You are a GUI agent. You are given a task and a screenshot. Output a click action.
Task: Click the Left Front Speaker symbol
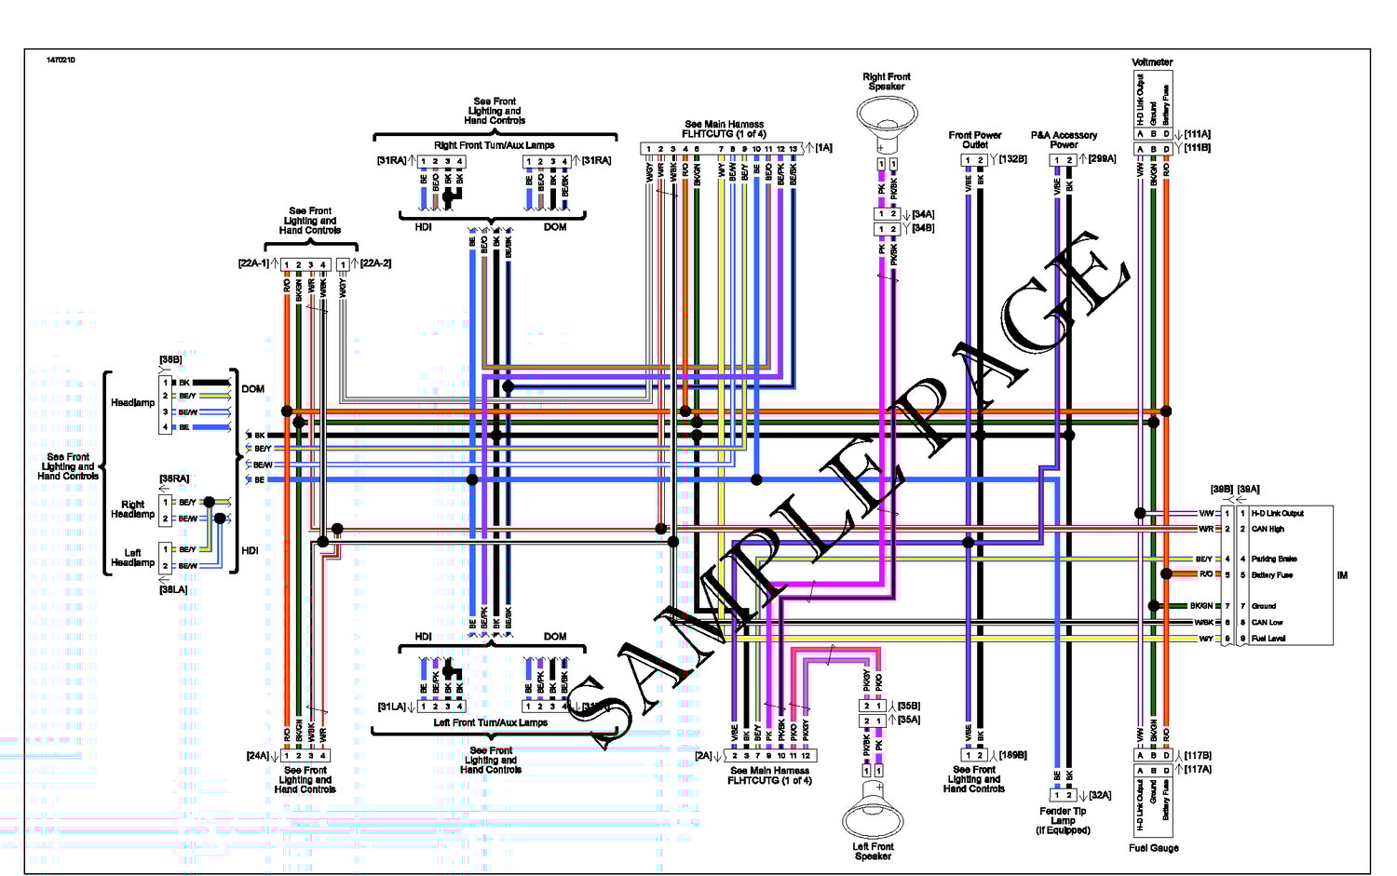tap(873, 813)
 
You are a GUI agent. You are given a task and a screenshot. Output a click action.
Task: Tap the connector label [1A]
tap(823, 148)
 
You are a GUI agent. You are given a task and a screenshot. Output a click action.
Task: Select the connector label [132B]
tap(1012, 159)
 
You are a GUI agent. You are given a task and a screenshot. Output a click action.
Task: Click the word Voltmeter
tap(1152, 62)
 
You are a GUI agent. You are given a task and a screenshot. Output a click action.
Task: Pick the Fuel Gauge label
tap(1153, 848)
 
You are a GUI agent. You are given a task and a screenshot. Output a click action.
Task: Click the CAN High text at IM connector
tap(1268, 529)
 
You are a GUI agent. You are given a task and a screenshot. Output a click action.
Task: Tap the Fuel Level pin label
tap(1268, 639)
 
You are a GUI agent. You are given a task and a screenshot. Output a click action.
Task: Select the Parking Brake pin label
tap(1274, 559)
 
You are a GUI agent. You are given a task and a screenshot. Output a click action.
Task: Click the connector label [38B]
tap(170, 359)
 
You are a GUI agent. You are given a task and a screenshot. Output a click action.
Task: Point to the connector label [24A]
tap(257, 756)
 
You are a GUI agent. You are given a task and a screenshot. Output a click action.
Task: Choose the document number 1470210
tap(61, 61)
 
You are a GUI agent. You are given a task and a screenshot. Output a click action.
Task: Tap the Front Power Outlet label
tap(975, 140)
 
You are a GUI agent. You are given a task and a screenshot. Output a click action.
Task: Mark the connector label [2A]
tap(703, 756)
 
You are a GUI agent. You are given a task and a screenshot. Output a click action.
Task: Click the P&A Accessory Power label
tap(1064, 140)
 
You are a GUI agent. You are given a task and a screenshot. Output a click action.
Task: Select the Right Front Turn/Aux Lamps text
tap(494, 145)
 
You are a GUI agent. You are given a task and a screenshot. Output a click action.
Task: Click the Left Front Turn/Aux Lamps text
tap(490, 722)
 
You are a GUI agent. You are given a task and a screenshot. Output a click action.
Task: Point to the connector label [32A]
tap(1100, 795)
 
